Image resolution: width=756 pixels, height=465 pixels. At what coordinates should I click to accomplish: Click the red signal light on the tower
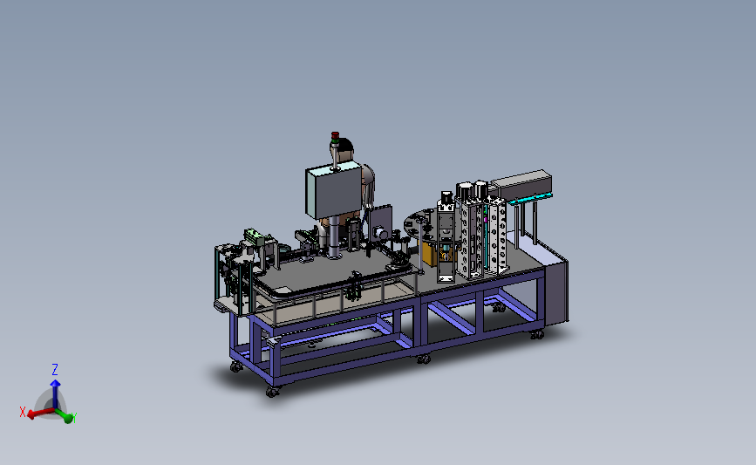335,134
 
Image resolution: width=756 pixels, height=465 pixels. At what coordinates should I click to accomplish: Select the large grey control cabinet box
333,190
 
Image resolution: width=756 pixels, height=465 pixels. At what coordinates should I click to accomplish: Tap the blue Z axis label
55,370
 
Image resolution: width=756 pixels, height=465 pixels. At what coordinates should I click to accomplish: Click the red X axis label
22,413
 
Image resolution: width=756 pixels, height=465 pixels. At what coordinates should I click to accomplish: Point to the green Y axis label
74,417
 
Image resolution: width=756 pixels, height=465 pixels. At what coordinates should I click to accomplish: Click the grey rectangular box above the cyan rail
521,184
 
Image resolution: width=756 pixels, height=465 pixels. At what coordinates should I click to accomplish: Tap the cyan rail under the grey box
530,198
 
